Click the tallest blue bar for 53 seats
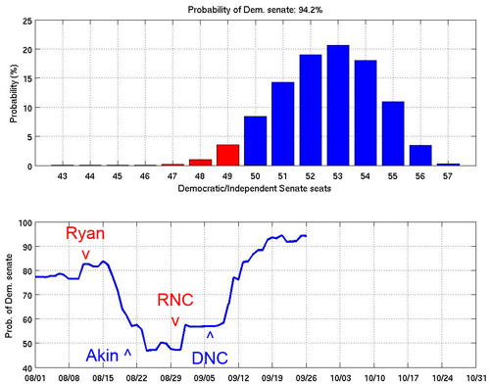(x=338, y=105)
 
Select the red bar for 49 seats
(x=227, y=155)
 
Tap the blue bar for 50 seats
(x=255, y=141)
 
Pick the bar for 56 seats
(x=420, y=156)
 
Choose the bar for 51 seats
(x=283, y=123)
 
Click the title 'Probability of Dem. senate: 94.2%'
(x=255, y=10)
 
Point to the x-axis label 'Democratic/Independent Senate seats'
(x=255, y=188)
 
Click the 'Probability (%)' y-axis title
(x=14, y=93)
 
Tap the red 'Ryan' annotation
(x=85, y=233)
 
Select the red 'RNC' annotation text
(x=175, y=300)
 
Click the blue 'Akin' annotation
(x=102, y=356)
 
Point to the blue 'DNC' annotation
(x=210, y=359)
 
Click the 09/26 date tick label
(x=306, y=378)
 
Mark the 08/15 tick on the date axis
(x=103, y=378)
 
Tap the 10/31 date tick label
(x=476, y=378)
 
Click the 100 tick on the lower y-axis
(x=25, y=223)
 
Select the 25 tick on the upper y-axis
(x=27, y=22)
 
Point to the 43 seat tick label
(x=62, y=176)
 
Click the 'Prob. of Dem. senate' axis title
(x=9, y=296)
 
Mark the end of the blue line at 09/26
(x=306, y=236)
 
